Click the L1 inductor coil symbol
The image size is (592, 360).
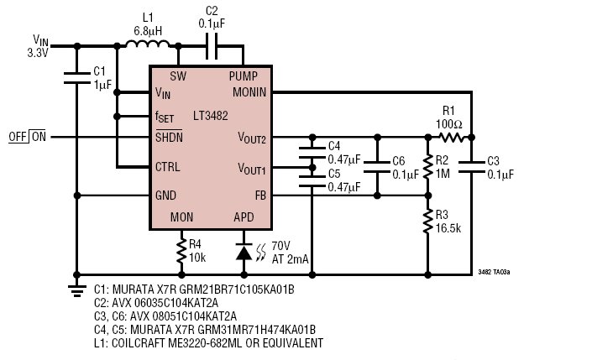pyautogui.click(x=148, y=44)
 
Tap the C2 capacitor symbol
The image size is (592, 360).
pyautogui.click(x=212, y=46)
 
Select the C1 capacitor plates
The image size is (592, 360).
pyautogui.click(x=77, y=78)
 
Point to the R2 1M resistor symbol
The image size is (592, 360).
pyautogui.click(x=427, y=166)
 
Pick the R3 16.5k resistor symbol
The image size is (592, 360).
pyautogui.click(x=427, y=222)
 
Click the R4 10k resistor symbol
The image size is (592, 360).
pyautogui.click(x=181, y=250)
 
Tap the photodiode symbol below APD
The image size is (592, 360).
pyautogui.click(x=244, y=252)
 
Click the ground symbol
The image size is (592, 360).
pyautogui.click(x=77, y=290)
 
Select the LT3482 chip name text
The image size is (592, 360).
pyautogui.click(x=210, y=116)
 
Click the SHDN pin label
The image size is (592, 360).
pyautogui.click(x=169, y=137)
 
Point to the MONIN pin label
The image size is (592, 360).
pyautogui.click(x=249, y=92)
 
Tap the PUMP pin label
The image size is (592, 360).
pyautogui.click(x=244, y=76)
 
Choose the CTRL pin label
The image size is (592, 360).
pyautogui.click(x=168, y=166)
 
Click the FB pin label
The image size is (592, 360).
pyautogui.click(x=260, y=196)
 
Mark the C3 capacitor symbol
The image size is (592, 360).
pyautogui.click(x=471, y=167)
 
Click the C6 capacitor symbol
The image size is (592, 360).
pyautogui.click(x=377, y=167)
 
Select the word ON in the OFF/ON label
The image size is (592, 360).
pyautogui.click(x=39, y=137)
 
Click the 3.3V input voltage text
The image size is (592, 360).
pyautogui.click(x=38, y=53)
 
